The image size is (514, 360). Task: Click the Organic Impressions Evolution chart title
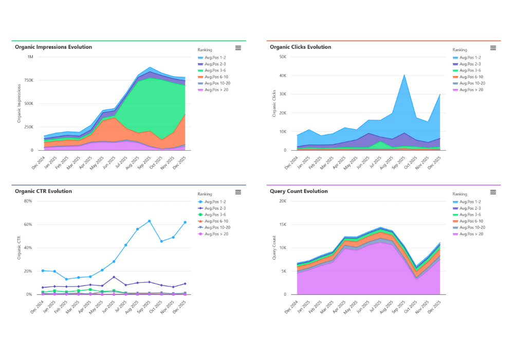53,47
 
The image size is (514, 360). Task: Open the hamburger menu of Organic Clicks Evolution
493,48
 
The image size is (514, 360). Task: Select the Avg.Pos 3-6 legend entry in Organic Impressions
214,70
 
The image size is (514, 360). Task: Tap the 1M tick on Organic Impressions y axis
30,57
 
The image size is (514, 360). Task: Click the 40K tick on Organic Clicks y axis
282,76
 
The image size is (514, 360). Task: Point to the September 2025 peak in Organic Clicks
404,75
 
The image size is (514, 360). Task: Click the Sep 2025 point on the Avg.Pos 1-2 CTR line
149,221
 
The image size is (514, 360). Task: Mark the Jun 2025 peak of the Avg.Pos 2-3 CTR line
114,277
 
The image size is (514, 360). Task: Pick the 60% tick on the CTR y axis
28,225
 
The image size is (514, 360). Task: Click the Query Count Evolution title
299,191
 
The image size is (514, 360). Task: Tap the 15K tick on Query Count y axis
282,225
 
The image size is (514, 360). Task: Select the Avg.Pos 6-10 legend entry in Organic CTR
216,221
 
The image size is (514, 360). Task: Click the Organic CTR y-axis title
19,248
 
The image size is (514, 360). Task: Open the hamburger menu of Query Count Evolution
493,192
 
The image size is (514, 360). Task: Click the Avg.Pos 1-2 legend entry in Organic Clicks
470,57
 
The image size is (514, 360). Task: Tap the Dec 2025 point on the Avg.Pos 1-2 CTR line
185,222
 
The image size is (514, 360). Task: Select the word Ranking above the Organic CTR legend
205,194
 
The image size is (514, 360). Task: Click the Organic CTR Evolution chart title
43,191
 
